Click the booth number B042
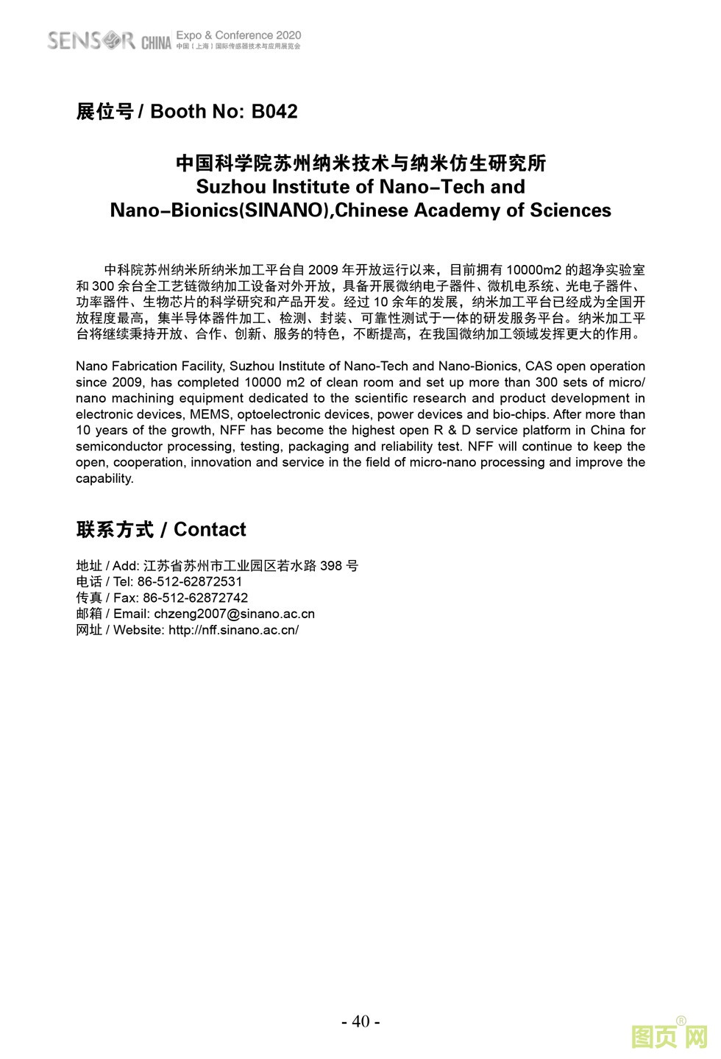click(274, 112)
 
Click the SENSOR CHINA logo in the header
click(108, 40)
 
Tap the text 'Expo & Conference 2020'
click(239, 35)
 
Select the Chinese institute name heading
click(360, 163)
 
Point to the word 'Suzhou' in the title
click(231, 187)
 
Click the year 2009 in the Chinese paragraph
click(323, 270)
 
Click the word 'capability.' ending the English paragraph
click(104, 478)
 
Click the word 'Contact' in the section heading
click(210, 530)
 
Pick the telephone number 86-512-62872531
click(190, 581)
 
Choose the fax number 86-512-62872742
click(195, 598)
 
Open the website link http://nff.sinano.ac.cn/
click(233, 630)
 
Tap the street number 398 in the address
click(331, 566)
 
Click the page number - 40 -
click(360, 1021)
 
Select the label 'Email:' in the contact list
click(132, 614)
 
